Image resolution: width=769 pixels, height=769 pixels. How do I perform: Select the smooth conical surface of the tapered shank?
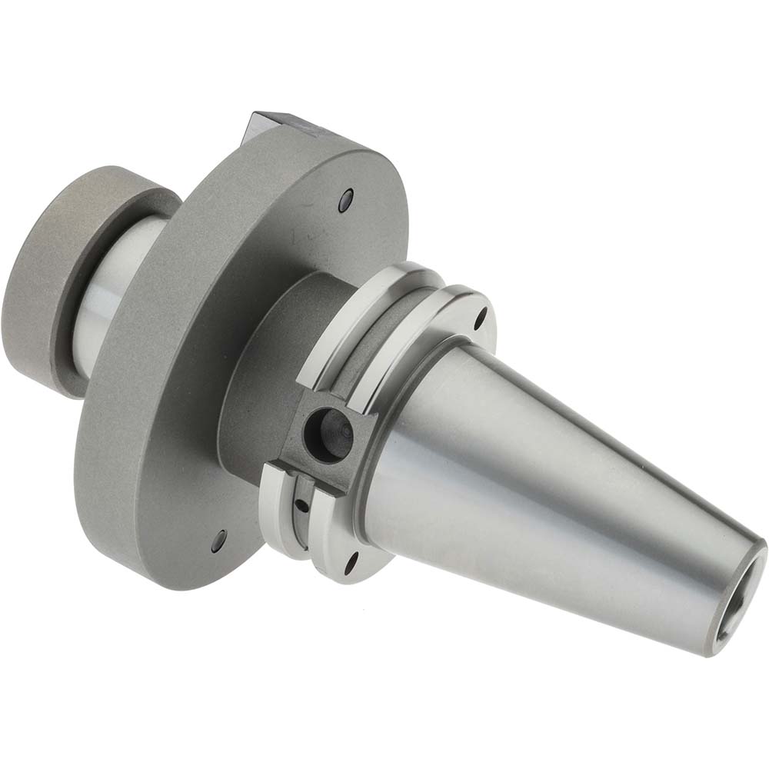538,477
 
